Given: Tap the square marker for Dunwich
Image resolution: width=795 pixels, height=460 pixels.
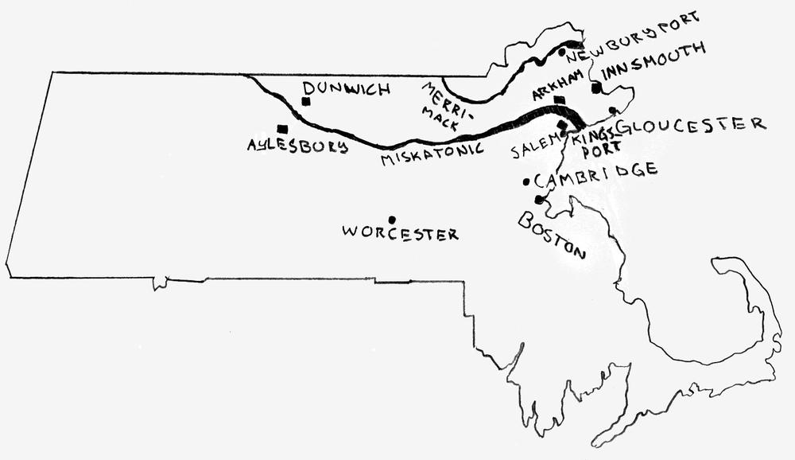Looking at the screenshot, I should coord(305,101).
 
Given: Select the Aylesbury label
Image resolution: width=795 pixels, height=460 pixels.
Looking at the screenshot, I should coord(297,146).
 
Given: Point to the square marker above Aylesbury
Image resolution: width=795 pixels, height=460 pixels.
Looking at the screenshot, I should coord(281,128).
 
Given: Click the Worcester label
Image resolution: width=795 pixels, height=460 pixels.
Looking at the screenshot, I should coord(400,233).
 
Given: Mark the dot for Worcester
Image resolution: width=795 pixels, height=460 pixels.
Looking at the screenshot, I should coord(391,219).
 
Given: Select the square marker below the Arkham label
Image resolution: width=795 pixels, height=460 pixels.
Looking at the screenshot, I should coord(560,100).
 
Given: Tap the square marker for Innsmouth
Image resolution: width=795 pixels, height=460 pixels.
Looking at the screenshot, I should coord(595,88).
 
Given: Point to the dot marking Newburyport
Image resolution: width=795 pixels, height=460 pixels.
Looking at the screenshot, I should coord(561,53).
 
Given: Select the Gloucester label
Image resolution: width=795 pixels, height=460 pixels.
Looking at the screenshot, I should coord(689,125).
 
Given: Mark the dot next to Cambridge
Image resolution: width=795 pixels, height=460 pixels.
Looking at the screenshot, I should coord(526,181).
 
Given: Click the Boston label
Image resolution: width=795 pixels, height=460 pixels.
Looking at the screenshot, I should coord(552,235).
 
